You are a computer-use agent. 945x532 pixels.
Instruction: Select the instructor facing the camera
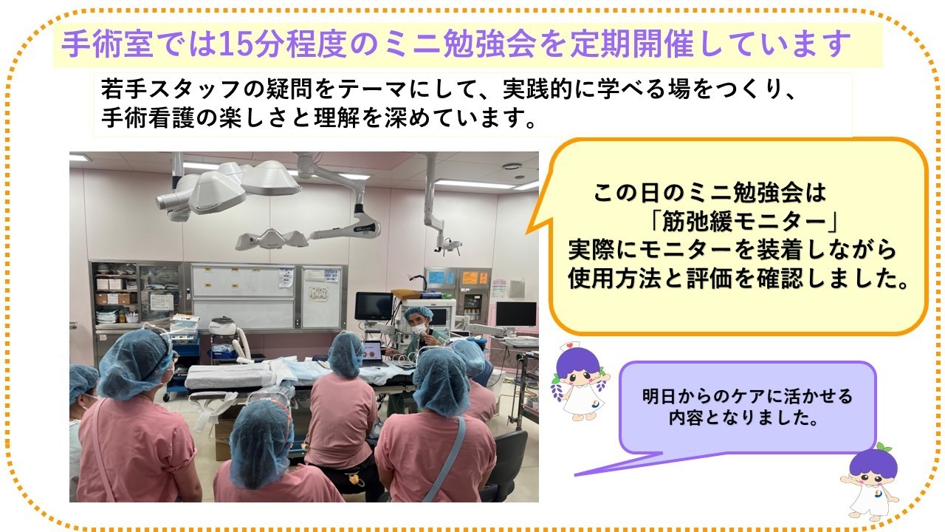pos(417,325)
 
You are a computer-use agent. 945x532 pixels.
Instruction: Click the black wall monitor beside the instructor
pos(374,305)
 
